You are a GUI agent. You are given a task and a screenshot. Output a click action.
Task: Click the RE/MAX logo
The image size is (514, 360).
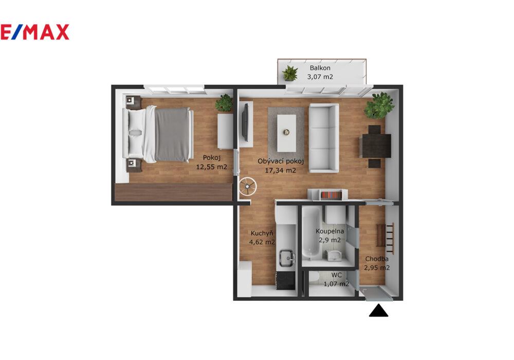click(x=34, y=32)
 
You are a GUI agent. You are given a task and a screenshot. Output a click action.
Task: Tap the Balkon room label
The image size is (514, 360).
click(x=320, y=68)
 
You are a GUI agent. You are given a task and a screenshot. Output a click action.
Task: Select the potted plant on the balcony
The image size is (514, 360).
click(x=290, y=73)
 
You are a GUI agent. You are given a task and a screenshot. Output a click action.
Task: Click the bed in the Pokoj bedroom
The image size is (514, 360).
click(x=158, y=134)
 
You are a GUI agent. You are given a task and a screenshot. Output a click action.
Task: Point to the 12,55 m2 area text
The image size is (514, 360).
click(x=211, y=167)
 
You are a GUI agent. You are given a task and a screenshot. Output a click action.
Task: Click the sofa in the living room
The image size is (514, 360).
click(x=323, y=138)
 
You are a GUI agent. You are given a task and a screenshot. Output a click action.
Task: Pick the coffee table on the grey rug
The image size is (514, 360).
click(x=286, y=133)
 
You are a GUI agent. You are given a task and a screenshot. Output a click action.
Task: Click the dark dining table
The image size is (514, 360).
click(x=375, y=146)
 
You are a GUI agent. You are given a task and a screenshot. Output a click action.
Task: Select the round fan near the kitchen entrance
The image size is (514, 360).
click(x=248, y=187)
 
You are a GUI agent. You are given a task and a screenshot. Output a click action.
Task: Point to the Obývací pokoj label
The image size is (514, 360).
click(x=281, y=161)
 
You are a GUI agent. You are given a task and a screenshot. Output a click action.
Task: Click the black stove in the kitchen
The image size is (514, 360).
click(x=286, y=281)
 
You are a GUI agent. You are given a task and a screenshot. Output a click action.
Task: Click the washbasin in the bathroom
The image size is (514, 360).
click(x=334, y=255)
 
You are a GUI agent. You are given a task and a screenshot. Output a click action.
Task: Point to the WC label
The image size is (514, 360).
click(x=336, y=275)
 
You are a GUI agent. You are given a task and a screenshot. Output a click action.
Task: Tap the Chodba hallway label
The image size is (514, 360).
click(x=377, y=259)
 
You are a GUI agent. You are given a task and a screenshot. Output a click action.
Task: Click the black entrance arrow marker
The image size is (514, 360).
click(x=379, y=310)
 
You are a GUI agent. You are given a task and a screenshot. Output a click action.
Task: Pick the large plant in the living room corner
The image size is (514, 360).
click(x=379, y=105)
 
